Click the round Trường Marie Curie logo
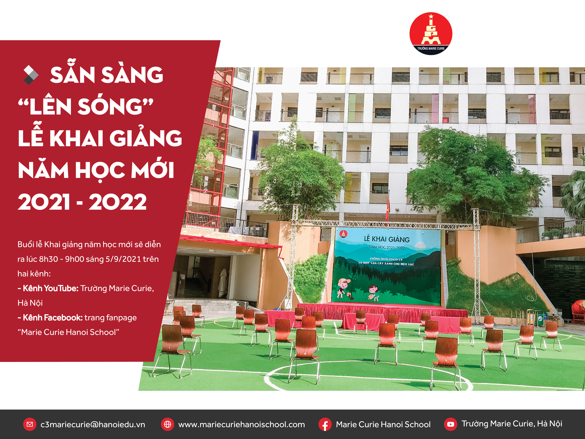tap(431, 34)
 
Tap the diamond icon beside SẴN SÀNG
tap(31, 75)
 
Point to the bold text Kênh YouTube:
tap(48, 288)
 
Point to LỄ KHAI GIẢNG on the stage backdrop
tap(387, 239)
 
